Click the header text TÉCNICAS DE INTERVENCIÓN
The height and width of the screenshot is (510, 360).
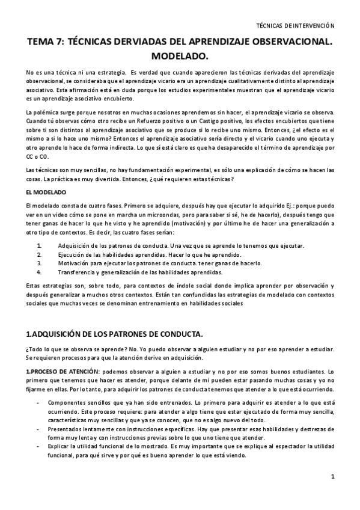point(295,26)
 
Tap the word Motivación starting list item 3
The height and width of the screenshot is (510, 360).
point(74,263)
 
